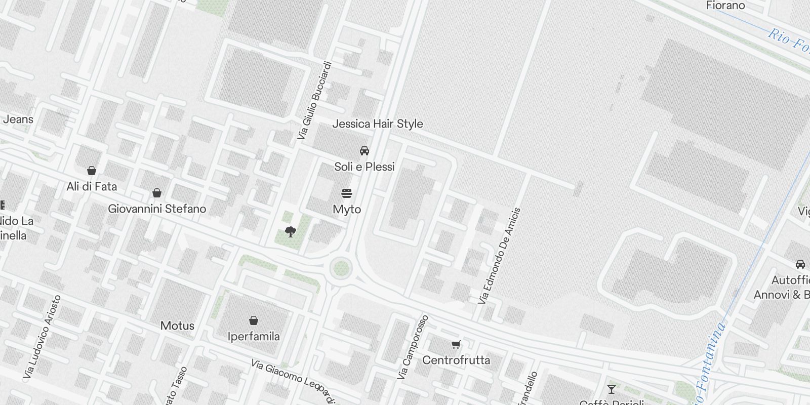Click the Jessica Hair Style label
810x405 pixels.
(x=377, y=124)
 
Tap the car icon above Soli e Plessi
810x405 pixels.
(x=364, y=150)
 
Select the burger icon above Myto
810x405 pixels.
(x=347, y=193)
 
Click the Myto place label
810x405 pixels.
(x=347, y=209)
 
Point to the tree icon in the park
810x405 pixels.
(x=290, y=232)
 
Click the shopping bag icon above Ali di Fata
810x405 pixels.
(x=92, y=170)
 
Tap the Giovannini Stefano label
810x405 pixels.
(x=157, y=209)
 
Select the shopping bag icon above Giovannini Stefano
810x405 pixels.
(x=157, y=193)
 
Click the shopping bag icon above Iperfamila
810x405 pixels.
(x=254, y=320)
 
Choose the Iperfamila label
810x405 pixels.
(x=254, y=336)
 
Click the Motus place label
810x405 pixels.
(x=177, y=326)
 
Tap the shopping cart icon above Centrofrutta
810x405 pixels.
(x=456, y=345)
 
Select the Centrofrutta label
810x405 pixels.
(x=456, y=360)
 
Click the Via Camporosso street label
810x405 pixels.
(x=413, y=347)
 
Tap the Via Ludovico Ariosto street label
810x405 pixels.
(x=43, y=337)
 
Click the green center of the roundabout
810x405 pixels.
(x=341, y=267)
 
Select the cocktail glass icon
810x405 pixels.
(x=612, y=389)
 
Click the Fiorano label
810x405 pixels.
(x=725, y=6)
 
